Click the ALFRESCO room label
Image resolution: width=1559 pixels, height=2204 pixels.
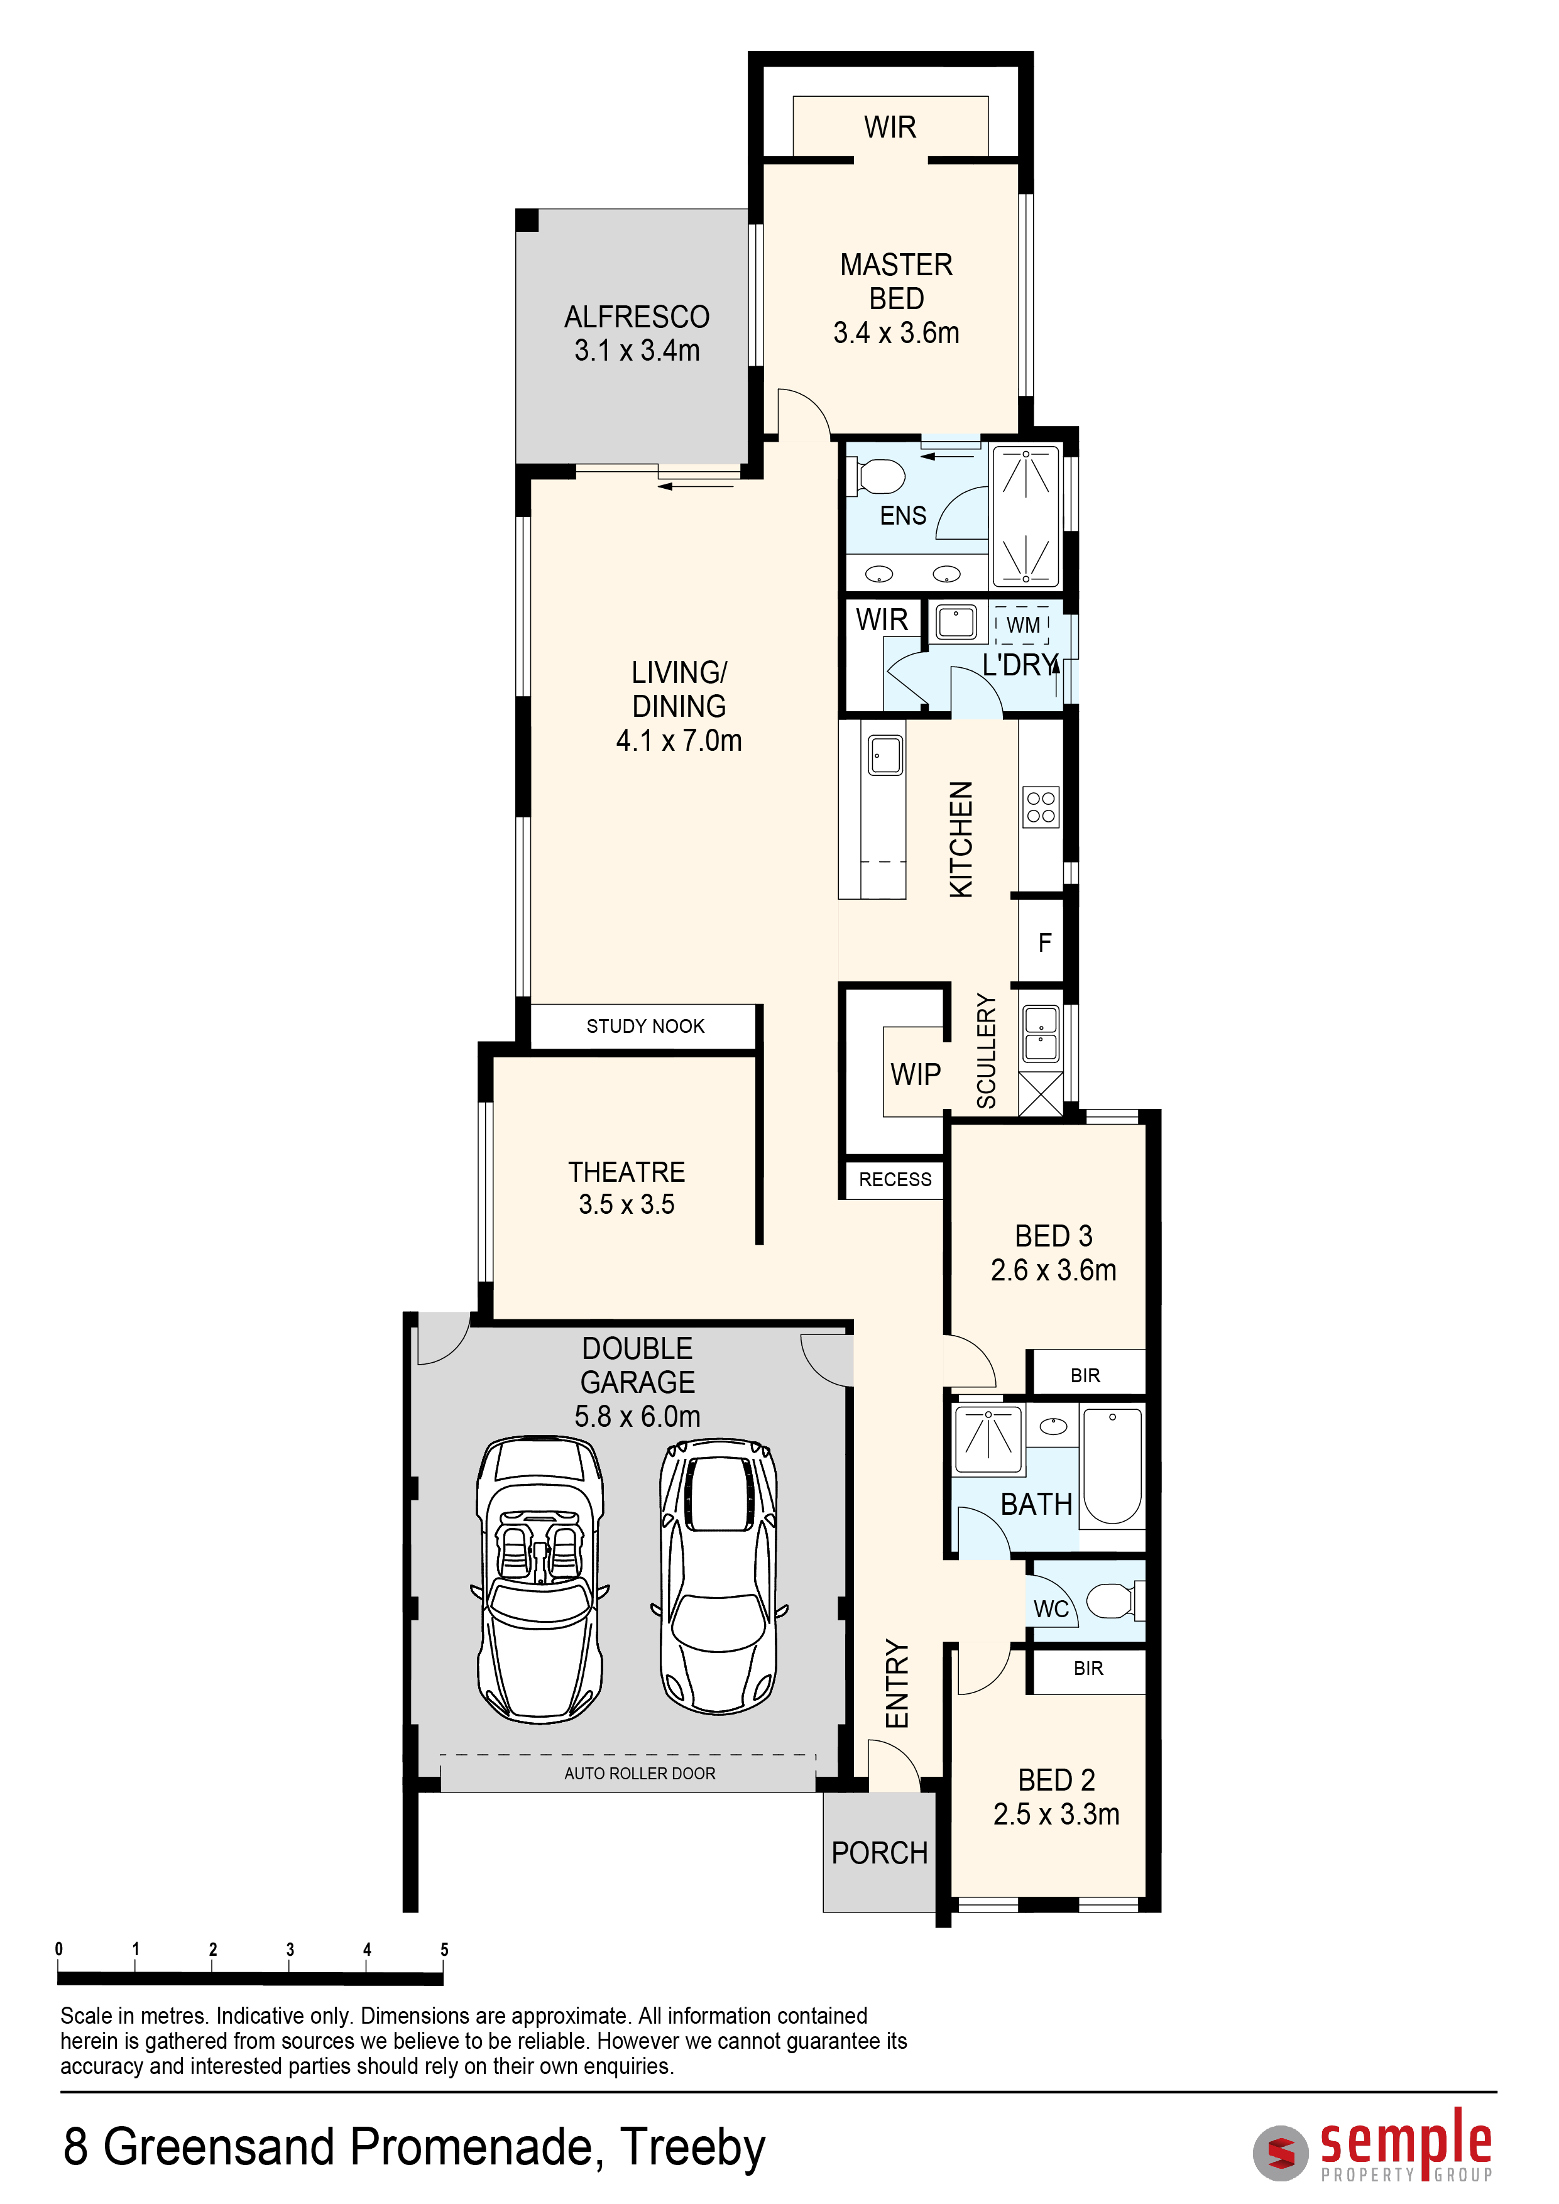(637, 317)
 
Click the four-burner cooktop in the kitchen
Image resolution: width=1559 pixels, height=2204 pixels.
(1041, 806)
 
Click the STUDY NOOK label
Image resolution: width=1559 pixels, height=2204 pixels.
(645, 1026)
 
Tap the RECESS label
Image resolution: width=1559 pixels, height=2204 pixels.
(895, 1180)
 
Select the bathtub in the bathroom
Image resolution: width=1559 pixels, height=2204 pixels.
(1113, 1466)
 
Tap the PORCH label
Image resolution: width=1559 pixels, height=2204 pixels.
(879, 1853)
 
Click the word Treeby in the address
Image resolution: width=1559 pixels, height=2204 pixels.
(692, 2147)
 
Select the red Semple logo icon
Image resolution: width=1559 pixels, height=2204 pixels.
(1281, 2153)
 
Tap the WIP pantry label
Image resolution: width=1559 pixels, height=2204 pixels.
(915, 1074)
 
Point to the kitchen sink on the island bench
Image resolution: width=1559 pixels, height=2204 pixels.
(885, 755)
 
